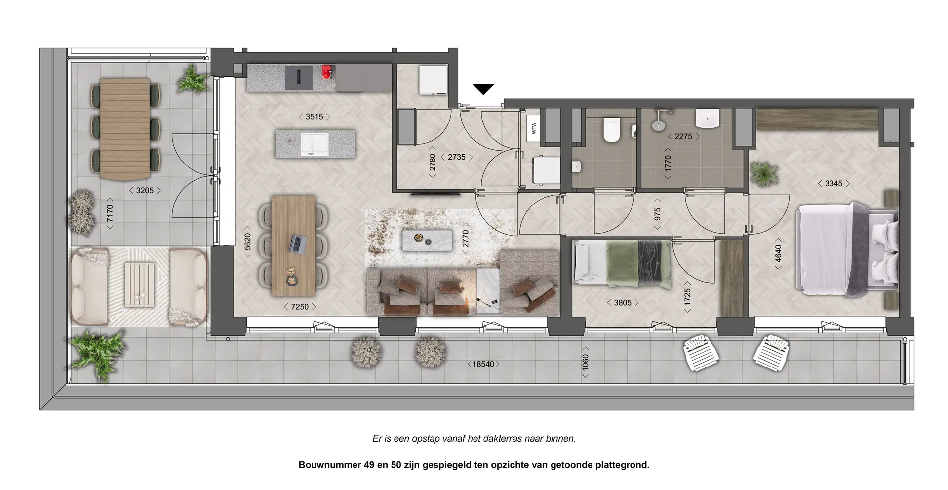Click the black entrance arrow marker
coord(483,89)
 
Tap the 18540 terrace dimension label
coord(483,365)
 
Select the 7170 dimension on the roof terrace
coord(110,214)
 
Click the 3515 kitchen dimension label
coord(314,117)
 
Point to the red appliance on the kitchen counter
coord(326,72)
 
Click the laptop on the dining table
coord(298,244)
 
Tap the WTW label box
coord(534,128)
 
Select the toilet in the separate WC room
coord(611,129)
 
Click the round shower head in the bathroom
coord(658,124)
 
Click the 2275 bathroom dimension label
coord(683,137)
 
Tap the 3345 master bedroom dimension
coord(833,184)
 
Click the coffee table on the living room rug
coord(427,241)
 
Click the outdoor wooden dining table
coord(125,129)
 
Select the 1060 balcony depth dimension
coord(586,366)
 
